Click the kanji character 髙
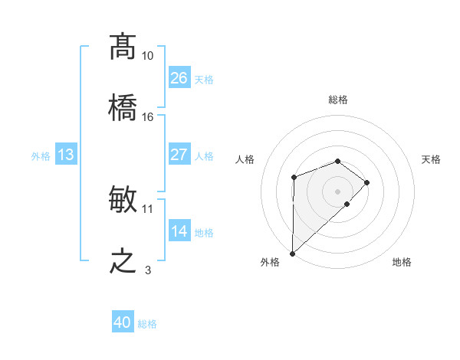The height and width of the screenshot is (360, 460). [x=123, y=47]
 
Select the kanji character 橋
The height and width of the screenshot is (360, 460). [x=123, y=109]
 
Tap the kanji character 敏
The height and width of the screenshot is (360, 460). [x=123, y=201]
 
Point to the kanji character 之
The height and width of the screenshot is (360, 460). [x=123, y=262]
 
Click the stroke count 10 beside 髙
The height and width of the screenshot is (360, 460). [x=148, y=56]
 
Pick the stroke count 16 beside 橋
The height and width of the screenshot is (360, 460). [x=148, y=117]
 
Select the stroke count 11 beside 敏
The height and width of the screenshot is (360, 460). [x=148, y=208]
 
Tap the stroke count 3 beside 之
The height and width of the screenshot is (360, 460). [x=148, y=270]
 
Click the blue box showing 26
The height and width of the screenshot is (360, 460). [x=179, y=78]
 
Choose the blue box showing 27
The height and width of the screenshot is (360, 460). [x=179, y=155]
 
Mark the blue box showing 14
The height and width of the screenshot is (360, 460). [x=179, y=231]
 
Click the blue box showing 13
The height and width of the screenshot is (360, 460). [x=66, y=155]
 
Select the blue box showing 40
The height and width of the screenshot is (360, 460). [x=123, y=322]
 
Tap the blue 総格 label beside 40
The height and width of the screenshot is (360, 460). [x=147, y=324]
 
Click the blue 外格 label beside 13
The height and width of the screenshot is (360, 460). [x=41, y=156]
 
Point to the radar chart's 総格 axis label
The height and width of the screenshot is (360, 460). [x=338, y=100]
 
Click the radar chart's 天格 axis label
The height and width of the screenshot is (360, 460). [x=432, y=159]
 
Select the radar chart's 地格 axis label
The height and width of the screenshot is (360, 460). [x=402, y=262]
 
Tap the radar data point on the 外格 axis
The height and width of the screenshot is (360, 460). [x=292, y=254]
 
